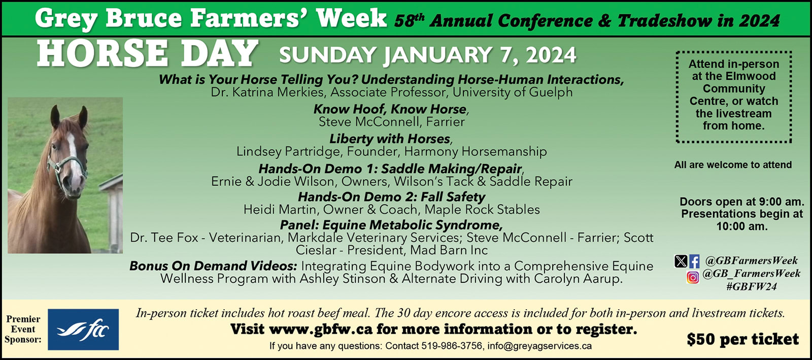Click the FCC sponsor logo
point(83,329)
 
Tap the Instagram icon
point(693,277)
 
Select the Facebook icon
point(694,261)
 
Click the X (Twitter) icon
point(681,261)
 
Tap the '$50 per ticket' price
point(743,339)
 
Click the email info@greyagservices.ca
point(539,346)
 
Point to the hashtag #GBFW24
point(752,287)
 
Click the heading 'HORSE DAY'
point(148,54)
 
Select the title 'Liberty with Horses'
point(390,139)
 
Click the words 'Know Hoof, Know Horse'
point(390,109)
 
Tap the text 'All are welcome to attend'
point(733,165)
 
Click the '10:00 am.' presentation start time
point(742,226)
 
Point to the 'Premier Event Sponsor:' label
point(23,329)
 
